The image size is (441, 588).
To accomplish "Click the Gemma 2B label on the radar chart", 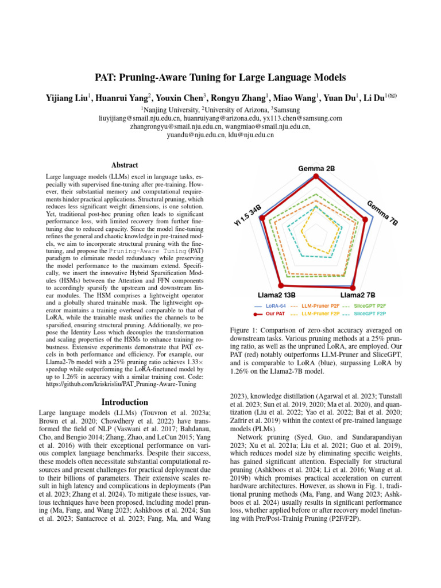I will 316,168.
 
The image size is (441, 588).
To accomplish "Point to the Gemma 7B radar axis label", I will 382,213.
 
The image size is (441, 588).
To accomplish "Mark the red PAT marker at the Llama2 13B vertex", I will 281,285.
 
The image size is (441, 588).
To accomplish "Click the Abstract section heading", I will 125,164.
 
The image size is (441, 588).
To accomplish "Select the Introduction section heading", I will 125,402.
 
